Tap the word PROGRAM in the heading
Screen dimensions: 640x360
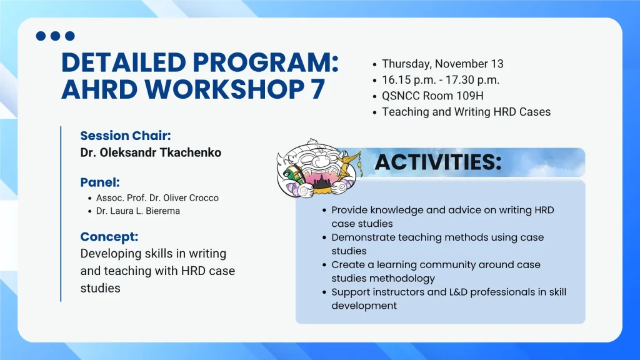265,62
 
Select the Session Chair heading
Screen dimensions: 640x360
126,136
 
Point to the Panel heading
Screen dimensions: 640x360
100,182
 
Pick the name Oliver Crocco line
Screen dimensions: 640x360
157,198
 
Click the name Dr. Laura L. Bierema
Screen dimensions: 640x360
138,211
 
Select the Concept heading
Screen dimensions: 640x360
109,237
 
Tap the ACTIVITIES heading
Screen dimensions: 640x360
438,162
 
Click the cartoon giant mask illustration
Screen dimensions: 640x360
318,169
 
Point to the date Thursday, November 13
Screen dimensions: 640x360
442,64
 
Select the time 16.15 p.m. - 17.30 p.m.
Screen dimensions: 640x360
441,80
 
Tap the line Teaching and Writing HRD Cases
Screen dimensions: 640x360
466,112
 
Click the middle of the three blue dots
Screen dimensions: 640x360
55,36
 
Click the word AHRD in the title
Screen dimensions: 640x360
99,89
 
